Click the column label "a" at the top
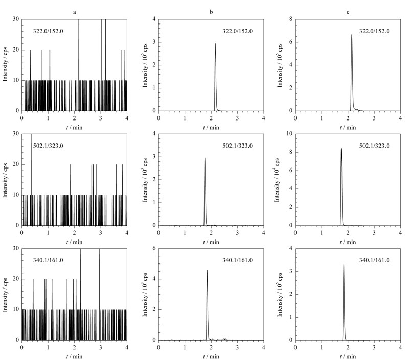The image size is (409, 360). pos(74,12)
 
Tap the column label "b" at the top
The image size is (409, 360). pos(211,12)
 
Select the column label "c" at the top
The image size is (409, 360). pos(348,12)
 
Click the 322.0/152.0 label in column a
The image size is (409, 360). pos(48,31)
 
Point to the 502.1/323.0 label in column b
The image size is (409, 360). pos(237,146)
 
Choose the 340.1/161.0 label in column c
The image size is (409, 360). pos(374,260)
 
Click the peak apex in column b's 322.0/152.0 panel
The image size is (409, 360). pos(215,44)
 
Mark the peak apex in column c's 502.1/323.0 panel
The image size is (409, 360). pos(341,149)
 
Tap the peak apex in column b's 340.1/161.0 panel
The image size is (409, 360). pos(207,271)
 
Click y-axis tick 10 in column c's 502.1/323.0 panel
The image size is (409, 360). pos(289,134)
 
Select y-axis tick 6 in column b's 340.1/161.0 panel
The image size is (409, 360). pos(154,248)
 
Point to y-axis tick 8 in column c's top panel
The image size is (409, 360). pos(291,19)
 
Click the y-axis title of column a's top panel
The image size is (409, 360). pos(5,64)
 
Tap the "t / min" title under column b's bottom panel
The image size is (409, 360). pos(211,356)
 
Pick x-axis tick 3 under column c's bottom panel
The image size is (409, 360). pos(374,347)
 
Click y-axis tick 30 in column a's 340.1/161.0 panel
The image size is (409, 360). pos(16,248)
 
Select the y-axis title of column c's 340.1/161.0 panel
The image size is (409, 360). pos(280,295)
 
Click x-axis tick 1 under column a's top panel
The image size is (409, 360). pos(48,118)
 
